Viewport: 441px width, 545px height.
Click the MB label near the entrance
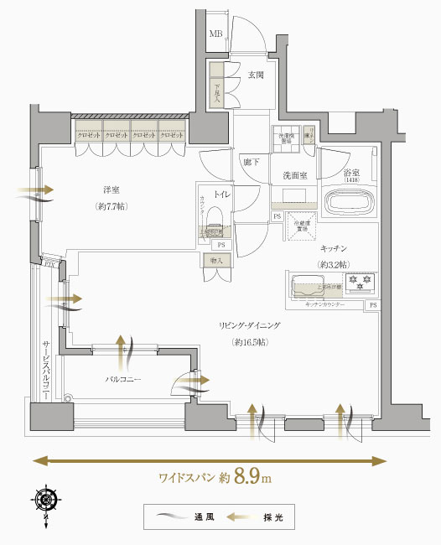(216, 34)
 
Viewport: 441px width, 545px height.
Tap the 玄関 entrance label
(256, 75)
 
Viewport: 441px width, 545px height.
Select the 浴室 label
(352, 174)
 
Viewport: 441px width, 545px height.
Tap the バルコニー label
(122, 380)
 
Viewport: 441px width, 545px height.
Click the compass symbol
(46, 500)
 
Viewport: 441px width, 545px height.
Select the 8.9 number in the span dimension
(247, 477)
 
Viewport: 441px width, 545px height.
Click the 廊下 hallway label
(249, 163)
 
